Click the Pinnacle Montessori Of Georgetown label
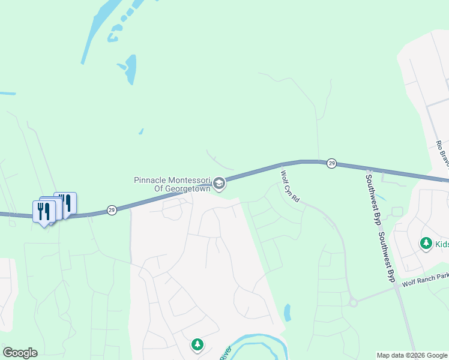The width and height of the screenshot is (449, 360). [172, 184]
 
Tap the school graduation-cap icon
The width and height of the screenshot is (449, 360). [220, 184]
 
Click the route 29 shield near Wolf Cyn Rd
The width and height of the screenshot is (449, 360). [331, 163]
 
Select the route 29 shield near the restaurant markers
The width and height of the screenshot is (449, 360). [112, 210]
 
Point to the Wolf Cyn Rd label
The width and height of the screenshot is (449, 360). [290, 186]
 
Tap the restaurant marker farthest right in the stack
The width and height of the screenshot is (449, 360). [66, 203]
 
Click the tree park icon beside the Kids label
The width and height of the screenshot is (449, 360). [426, 243]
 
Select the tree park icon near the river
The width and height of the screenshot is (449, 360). [197, 344]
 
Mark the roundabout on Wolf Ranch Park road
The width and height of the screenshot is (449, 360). [353, 302]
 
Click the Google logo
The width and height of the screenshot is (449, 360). [20, 353]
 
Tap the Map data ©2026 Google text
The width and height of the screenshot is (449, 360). [412, 355]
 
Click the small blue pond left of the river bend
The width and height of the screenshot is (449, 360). [287, 312]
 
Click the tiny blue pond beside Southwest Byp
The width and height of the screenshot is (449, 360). [382, 198]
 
